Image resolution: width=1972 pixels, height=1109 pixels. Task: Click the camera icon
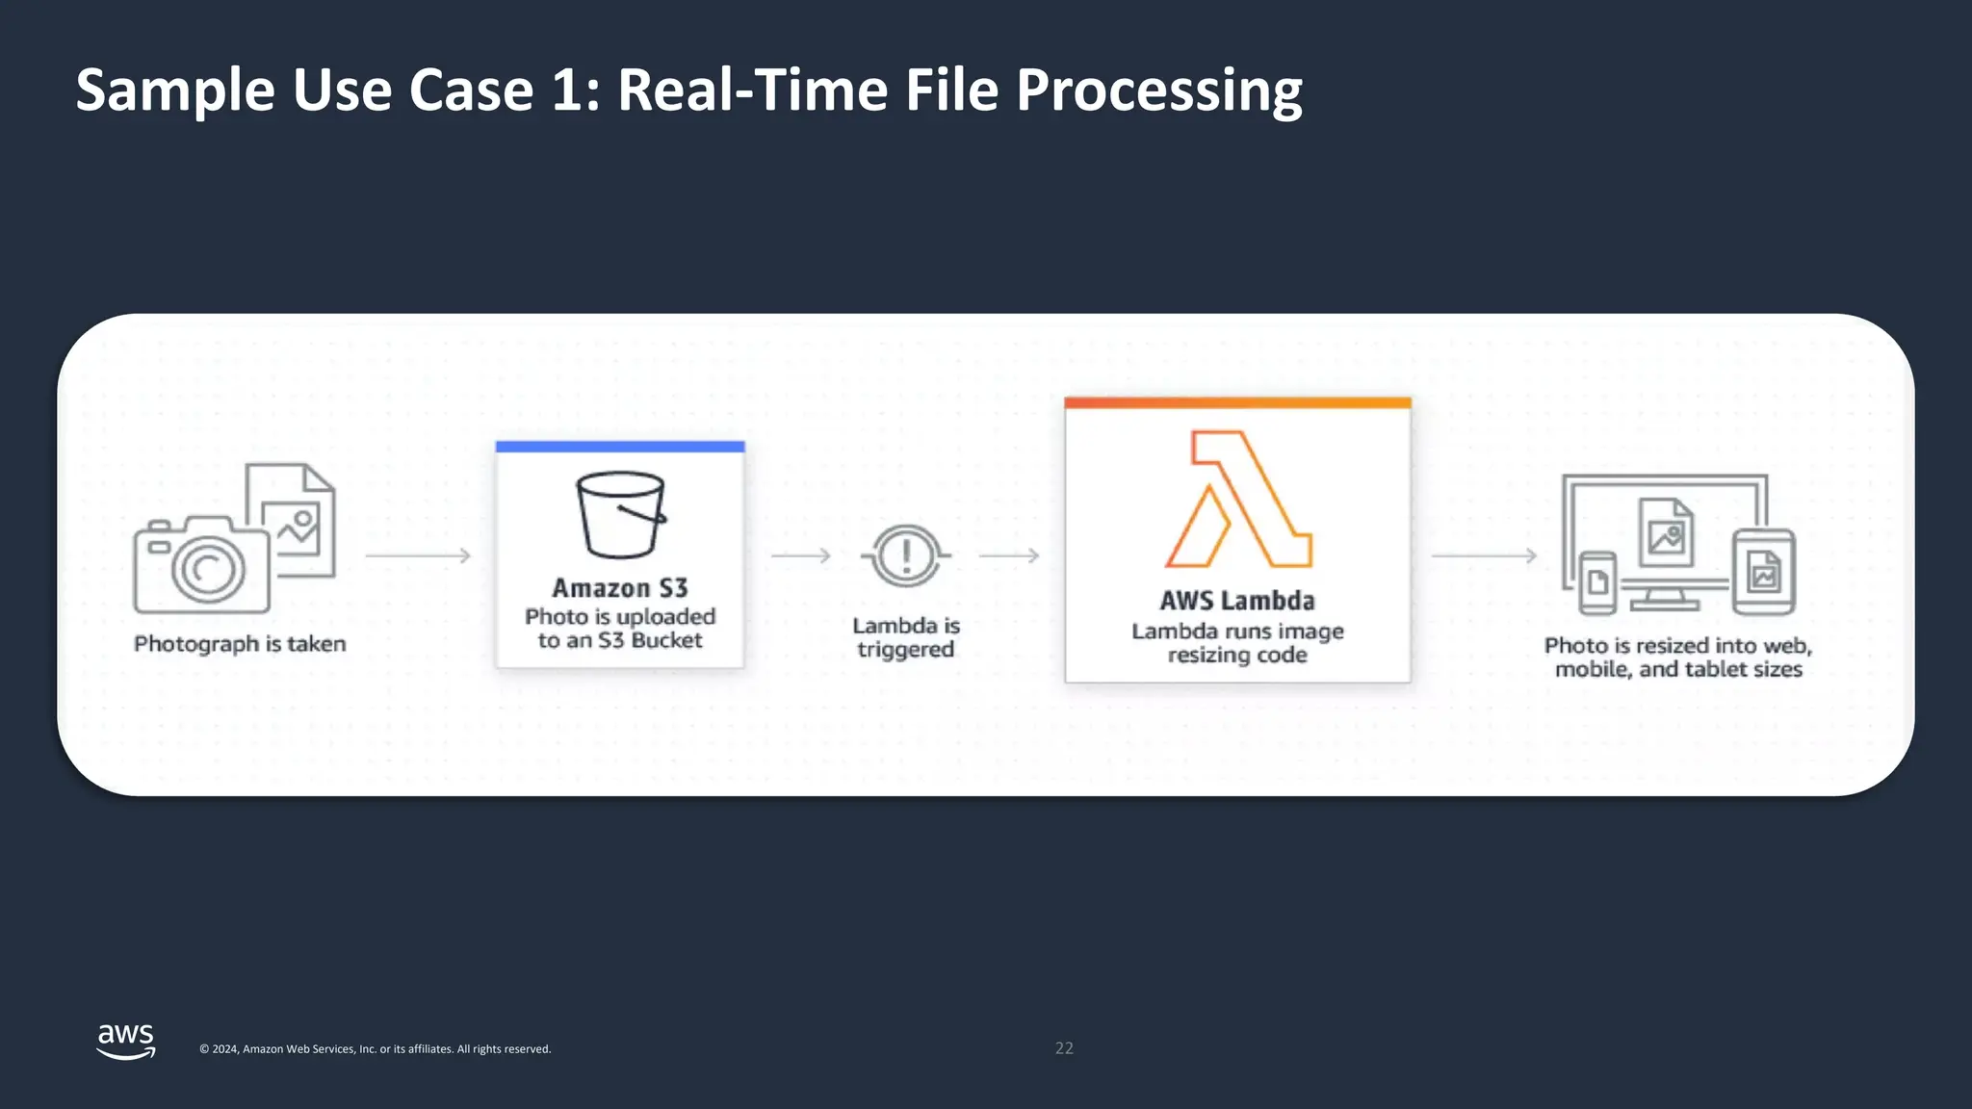(202, 566)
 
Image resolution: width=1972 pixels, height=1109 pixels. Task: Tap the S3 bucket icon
(621, 515)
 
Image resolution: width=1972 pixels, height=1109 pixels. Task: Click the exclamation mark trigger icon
(905, 555)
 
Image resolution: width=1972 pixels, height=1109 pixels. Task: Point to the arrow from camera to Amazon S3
(418, 555)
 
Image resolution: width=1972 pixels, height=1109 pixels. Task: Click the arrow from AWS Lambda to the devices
(1484, 555)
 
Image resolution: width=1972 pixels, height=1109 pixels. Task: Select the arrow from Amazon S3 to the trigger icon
(800, 555)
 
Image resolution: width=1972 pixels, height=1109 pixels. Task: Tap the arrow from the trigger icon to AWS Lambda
(1009, 555)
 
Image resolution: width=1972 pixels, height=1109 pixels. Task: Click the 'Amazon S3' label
(620, 588)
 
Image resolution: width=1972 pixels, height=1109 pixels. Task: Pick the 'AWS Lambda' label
(1237, 601)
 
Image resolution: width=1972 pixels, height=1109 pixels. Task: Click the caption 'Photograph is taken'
(240, 644)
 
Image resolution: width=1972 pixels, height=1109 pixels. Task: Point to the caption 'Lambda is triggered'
(906, 637)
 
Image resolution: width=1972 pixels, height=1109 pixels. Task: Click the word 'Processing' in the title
(1159, 90)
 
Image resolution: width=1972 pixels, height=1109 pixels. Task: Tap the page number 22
(1064, 1048)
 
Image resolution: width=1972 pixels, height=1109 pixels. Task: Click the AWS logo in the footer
(126, 1041)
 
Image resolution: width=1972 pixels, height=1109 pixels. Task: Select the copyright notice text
(375, 1049)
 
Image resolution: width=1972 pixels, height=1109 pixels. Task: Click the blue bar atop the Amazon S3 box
(620, 447)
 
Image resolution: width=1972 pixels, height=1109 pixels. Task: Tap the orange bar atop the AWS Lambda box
(1237, 403)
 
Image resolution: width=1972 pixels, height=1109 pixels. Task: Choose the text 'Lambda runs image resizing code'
(1237, 643)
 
